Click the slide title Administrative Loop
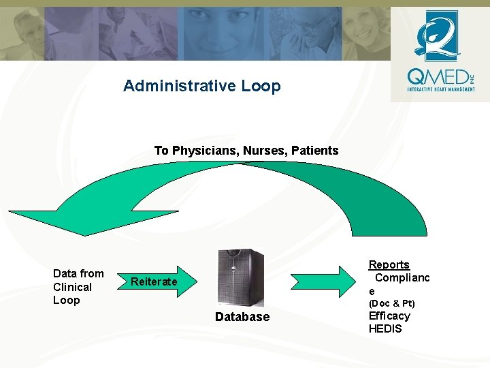201,86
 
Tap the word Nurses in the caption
263,151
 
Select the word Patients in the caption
314,151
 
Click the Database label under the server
242,317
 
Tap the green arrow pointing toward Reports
324,281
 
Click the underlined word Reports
389,264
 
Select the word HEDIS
385,328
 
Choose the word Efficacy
389,316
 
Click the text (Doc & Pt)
391,303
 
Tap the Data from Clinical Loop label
78,287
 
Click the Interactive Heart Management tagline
440,89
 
